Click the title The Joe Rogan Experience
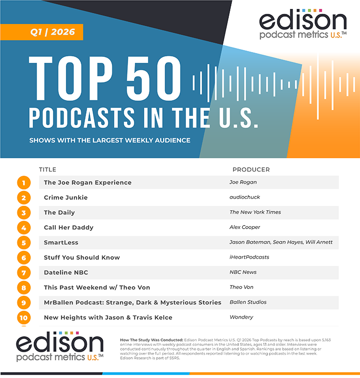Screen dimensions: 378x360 (x=88, y=183)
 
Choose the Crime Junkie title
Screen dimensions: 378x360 (x=66, y=197)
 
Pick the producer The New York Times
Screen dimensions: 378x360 (x=255, y=212)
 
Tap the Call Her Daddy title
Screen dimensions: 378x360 (x=69, y=228)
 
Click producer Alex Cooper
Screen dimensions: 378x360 (x=245, y=228)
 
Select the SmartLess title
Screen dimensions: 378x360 (x=61, y=242)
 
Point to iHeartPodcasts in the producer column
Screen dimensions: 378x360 (x=249, y=257)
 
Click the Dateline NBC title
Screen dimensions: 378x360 (x=66, y=272)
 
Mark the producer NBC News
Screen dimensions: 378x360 (x=243, y=272)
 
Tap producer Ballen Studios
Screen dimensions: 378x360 (x=248, y=302)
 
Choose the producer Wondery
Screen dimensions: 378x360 (x=241, y=317)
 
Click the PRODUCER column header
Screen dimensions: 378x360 (x=251, y=170)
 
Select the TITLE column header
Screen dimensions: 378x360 (x=47, y=170)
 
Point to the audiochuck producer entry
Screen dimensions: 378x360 (x=244, y=197)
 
